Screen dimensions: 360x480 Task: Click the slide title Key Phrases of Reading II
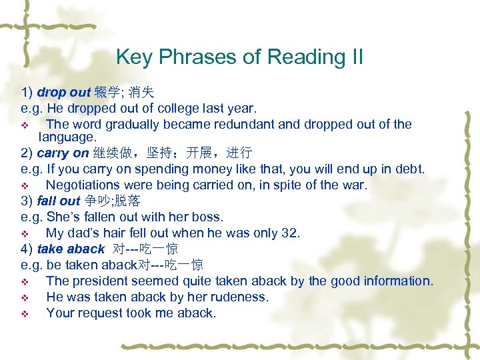pos(239,57)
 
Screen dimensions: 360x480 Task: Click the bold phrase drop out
pos(63,93)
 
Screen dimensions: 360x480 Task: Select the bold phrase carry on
pos(63,153)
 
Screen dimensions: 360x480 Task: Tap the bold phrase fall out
pos(58,201)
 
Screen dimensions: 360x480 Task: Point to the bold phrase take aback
pos(71,249)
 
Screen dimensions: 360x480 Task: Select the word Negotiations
pos(85,185)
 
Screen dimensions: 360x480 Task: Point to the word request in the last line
pos(99,313)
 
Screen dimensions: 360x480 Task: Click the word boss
pos(208,217)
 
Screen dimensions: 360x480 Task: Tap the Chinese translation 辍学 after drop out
pos(105,93)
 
